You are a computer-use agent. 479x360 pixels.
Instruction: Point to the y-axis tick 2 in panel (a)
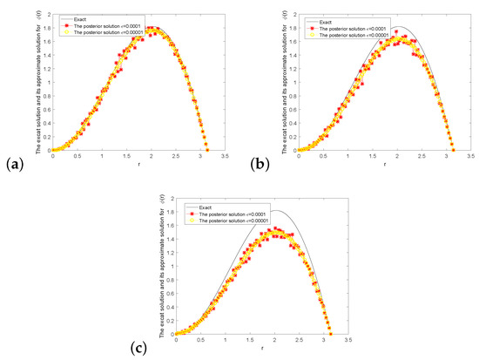coord(47,14)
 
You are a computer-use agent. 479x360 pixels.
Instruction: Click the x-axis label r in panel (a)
coord(138,163)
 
